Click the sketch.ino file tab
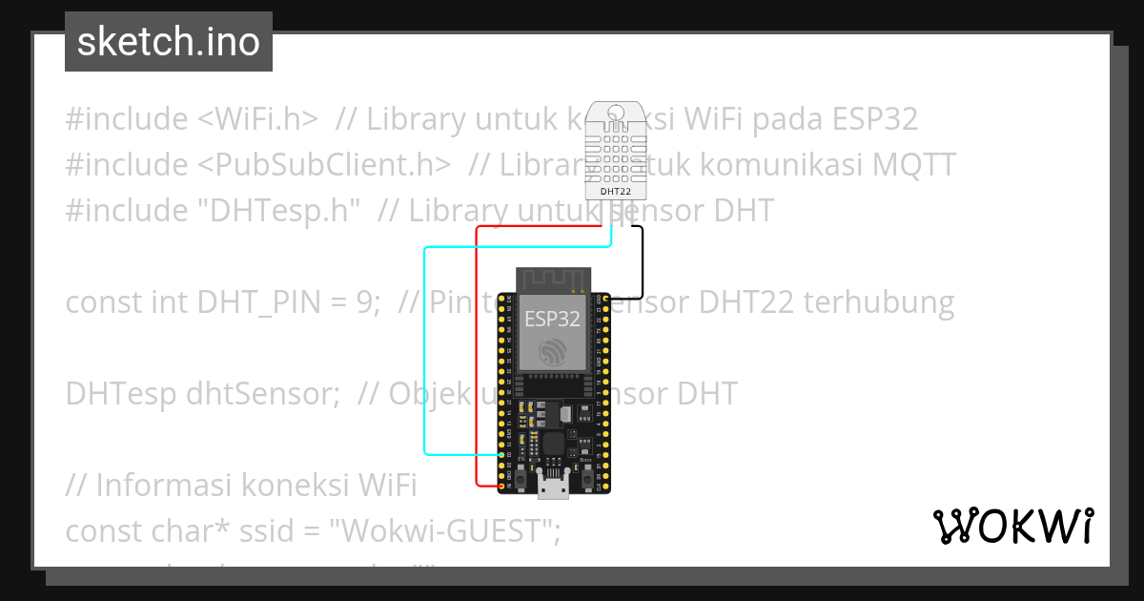click(x=169, y=42)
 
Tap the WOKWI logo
click(x=1012, y=526)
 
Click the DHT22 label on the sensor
click(x=615, y=191)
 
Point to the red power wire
click(x=477, y=363)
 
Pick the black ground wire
click(x=642, y=262)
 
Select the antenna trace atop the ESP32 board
click(x=552, y=280)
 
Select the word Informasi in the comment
click(x=158, y=486)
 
